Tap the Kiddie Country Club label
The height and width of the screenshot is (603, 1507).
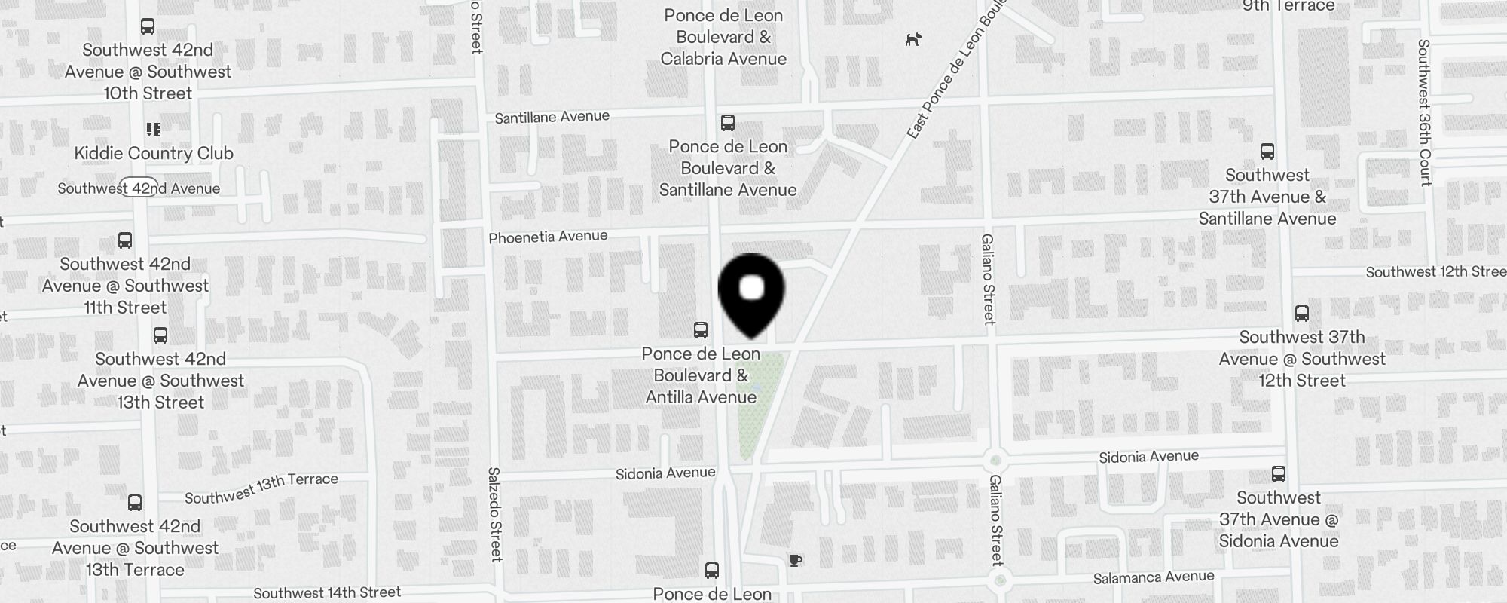coord(154,153)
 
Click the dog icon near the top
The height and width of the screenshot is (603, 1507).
coord(913,39)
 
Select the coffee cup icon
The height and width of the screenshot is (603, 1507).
coord(796,560)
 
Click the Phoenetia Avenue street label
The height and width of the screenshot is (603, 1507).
coord(548,237)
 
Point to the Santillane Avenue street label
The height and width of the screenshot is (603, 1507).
coord(552,117)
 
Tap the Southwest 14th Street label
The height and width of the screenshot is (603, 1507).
coord(327,593)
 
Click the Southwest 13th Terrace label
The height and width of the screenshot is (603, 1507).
coord(261,488)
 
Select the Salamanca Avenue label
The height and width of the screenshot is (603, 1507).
coord(1154,577)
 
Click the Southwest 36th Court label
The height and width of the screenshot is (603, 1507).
coord(1423,113)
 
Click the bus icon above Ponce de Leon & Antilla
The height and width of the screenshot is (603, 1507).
coord(701,330)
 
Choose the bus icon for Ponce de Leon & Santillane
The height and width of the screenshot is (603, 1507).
coord(728,123)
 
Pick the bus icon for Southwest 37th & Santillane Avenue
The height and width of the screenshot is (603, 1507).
coord(1267,152)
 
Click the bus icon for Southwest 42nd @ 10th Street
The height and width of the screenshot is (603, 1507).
coord(148,26)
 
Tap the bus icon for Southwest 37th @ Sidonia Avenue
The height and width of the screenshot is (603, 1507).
coord(1279,474)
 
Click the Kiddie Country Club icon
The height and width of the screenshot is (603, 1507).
coord(154,130)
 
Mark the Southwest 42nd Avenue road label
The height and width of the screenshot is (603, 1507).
coord(139,188)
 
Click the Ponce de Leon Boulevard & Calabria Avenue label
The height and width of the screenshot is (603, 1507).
coord(723,37)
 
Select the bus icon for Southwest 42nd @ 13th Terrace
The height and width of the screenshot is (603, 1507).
coord(135,503)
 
